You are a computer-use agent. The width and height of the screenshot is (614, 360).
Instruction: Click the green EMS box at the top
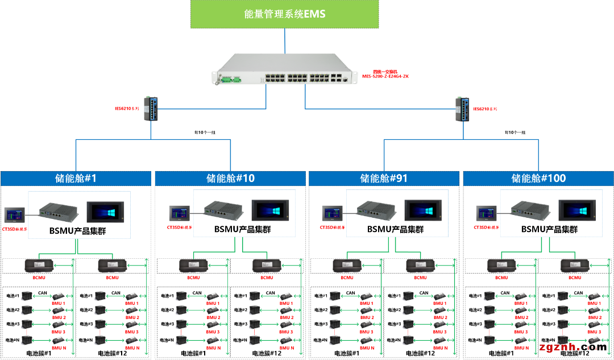[284, 14]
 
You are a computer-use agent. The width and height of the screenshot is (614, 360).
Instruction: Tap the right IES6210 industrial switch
[462, 109]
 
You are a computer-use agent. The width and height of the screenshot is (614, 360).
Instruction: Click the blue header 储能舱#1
[76, 179]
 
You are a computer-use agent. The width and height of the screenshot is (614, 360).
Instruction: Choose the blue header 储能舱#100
[538, 179]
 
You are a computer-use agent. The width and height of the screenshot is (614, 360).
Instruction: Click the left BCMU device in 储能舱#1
[39, 266]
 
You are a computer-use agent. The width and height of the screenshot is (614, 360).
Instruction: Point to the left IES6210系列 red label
[127, 109]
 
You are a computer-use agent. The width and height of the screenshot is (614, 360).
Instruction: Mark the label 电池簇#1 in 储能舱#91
[347, 353]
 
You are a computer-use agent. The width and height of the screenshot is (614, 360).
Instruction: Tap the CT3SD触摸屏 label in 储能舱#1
[15, 228]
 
